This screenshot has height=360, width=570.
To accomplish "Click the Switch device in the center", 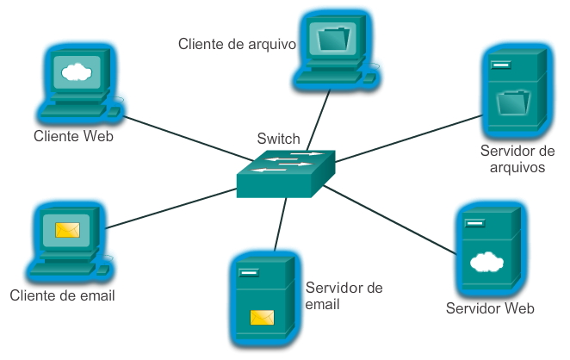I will (x=285, y=175).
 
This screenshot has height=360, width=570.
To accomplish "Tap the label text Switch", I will (x=279, y=139).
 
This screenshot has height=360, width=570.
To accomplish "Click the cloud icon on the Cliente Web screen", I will (x=76, y=71).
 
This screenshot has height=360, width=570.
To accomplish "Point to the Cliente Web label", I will (x=74, y=136).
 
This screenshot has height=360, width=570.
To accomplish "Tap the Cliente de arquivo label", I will (x=237, y=42).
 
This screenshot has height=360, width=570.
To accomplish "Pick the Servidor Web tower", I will (x=488, y=250).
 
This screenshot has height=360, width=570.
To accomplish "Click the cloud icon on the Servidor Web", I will (x=487, y=261).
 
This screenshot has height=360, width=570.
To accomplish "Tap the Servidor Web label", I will (x=491, y=308).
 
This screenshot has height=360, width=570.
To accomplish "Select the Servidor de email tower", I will (x=262, y=297).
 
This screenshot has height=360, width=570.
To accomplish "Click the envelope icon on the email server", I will (x=262, y=318).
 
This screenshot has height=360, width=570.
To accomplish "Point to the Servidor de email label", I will (x=344, y=295).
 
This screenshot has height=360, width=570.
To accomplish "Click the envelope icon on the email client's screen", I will (x=67, y=231).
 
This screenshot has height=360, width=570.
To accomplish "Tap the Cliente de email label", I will (x=63, y=295).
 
